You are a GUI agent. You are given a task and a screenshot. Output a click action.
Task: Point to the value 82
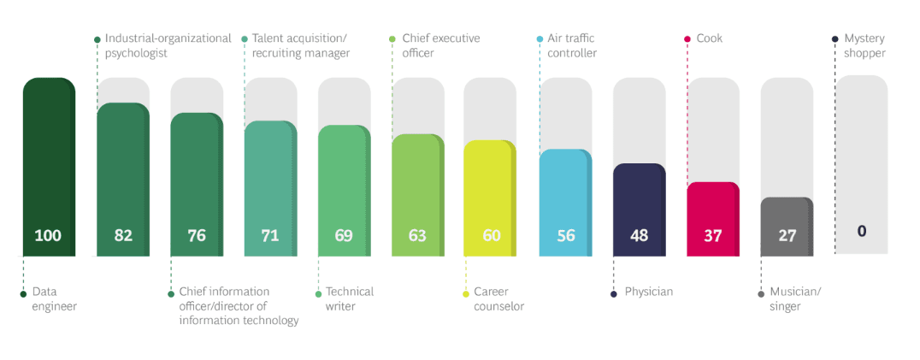click(123, 235)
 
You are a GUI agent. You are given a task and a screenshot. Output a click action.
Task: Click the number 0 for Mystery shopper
click(861, 231)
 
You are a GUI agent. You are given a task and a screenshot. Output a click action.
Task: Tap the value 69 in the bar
click(344, 235)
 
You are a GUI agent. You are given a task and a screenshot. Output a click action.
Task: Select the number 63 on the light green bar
click(417, 235)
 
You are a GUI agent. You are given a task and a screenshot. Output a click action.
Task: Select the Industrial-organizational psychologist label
click(168, 45)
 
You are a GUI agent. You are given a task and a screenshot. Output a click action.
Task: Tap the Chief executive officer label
click(440, 45)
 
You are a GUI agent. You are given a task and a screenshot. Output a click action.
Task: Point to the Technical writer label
click(350, 298)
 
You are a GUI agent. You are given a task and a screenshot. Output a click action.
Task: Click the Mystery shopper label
click(864, 45)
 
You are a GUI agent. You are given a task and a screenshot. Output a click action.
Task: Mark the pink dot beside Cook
click(687, 38)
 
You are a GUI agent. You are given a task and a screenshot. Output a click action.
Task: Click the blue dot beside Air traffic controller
click(540, 38)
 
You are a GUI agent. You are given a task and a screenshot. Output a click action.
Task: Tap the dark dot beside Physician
click(614, 293)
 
